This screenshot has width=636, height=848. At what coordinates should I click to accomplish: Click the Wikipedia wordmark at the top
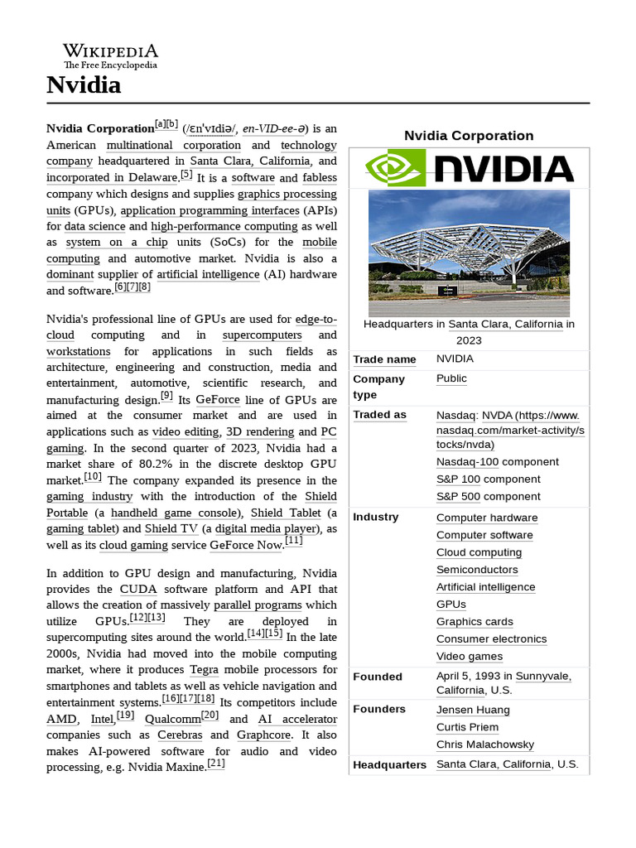[x=110, y=51]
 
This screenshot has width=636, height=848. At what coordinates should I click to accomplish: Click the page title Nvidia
[x=84, y=84]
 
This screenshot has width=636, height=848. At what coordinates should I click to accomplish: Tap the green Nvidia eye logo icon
[x=395, y=168]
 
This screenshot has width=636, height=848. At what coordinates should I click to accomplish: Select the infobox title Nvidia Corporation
[x=469, y=136]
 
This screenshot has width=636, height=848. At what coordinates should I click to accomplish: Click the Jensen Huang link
[x=473, y=710]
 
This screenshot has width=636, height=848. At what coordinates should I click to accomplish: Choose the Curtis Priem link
[x=467, y=727]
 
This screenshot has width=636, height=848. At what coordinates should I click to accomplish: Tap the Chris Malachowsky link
[x=484, y=744]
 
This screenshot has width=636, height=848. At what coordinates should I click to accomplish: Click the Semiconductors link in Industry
[x=477, y=570]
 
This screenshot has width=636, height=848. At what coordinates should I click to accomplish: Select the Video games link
[x=470, y=657]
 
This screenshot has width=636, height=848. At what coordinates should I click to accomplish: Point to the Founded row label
[x=378, y=677]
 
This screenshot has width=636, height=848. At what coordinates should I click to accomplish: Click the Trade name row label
[x=384, y=359]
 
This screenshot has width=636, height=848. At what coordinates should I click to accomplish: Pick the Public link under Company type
[x=451, y=378]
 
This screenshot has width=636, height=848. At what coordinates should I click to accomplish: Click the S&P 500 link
[x=458, y=497]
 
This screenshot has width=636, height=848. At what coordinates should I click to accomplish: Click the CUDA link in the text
[x=138, y=590]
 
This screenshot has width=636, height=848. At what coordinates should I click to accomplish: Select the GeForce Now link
[x=246, y=545]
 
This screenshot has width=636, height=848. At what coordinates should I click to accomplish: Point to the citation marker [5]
[x=186, y=175]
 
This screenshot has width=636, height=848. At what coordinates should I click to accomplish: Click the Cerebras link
[x=180, y=735]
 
